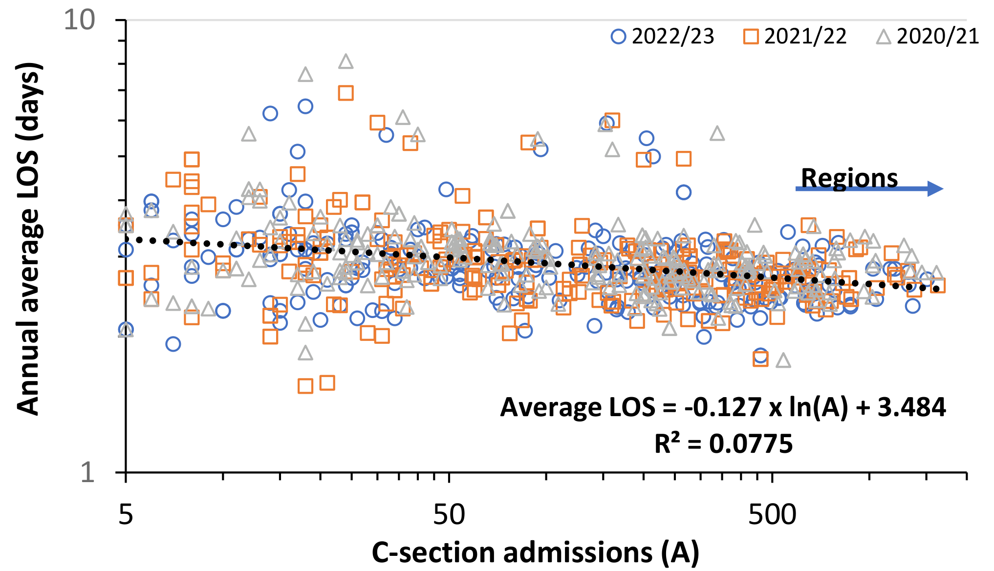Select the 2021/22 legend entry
795,37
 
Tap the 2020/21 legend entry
928,37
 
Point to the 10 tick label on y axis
80,21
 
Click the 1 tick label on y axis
87,472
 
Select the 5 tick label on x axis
126,515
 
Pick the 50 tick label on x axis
449,515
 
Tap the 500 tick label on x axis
772,515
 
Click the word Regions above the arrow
849,178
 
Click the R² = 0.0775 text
723,444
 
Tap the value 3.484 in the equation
911,407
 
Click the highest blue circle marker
305,106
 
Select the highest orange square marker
346,93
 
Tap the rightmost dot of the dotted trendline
936,289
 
